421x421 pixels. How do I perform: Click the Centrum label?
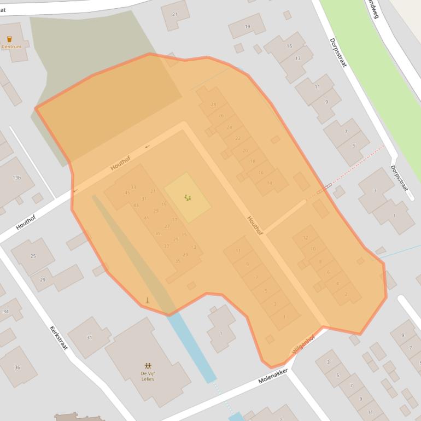click(x=11, y=47)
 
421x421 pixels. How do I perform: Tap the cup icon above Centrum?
click(x=9, y=39)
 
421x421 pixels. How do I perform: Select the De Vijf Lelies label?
click(x=148, y=376)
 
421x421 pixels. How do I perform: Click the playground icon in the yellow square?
click(x=188, y=197)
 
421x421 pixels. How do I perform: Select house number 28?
click(x=213, y=104)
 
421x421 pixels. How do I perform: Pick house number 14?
click(x=269, y=183)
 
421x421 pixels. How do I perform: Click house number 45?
click(x=127, y=192)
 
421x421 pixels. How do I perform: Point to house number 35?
click(x=178, y=261)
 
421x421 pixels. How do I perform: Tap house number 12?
click(x=305, y=238)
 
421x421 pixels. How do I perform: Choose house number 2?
click(x=346, y=294)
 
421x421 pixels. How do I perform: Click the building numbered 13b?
click(x=16, y=178)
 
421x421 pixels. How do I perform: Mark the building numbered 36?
click(x=17, y=367)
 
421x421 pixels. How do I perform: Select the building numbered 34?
click(x=6, y=311)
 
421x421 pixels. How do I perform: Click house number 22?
click(x=237, y=138)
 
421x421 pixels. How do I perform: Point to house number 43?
click(x=136, y=206)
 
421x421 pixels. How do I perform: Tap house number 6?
click(x=328, y=272)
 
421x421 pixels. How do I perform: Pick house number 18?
click(x=253, y=161)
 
